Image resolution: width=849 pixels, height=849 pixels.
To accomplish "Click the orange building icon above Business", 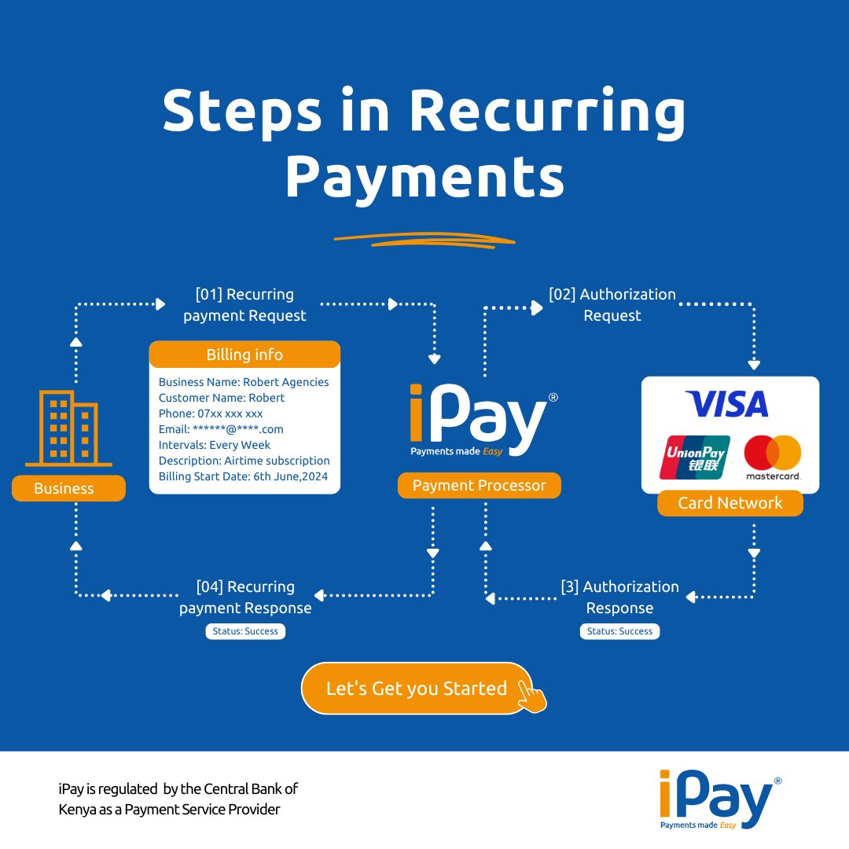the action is click(x=68, y=428).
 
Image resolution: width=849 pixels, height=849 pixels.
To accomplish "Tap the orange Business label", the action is click(x=68, y=488).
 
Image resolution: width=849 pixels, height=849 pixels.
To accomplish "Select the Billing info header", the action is click(x=244, y=355).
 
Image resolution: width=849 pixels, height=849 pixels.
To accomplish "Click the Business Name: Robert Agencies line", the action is click(x=244, y=382).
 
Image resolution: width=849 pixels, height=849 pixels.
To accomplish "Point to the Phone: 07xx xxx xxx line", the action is click(x=211, y=413).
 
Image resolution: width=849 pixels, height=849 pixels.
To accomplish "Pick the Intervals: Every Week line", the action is click(x=215, y=445).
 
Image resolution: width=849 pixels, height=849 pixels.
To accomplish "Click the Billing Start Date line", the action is click(x=243, y=476).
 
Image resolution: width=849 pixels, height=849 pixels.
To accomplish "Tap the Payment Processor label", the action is click(x=480, y=485).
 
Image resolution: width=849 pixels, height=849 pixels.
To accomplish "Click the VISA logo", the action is click(x=727, y=404).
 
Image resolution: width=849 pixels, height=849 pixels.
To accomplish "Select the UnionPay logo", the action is click(x=695, y=458).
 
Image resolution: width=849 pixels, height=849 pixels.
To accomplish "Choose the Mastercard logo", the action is click(x=773, y=458).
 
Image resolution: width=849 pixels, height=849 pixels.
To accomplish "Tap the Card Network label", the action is click(x=730, y=503).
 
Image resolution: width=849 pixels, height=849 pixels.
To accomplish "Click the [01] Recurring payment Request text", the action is click(x=244, y=305).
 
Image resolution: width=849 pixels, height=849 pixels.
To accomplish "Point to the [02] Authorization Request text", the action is click(x=612, y=305).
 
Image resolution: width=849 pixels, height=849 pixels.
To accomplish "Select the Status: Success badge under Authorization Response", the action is click(x=620, y=631).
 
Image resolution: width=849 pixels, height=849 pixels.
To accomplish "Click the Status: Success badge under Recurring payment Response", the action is click(x=245, y=631).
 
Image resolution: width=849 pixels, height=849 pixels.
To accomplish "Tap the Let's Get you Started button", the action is click(x=417, y=688).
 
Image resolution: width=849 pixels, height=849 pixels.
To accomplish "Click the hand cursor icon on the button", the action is click(x=531, y=696).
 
